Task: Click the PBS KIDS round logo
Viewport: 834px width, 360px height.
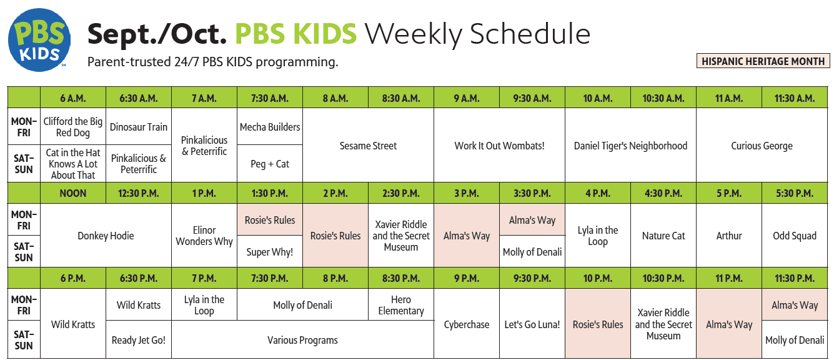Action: tap(39, 40)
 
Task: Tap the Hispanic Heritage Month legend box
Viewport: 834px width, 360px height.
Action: tap(763, 61)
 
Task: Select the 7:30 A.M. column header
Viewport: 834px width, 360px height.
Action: tap(270, 98)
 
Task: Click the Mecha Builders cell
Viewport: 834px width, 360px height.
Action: tap(270, 127)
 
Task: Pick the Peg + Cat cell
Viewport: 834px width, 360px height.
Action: tap(270, 164)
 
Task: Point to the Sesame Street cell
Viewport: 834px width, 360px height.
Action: tap(368, 146)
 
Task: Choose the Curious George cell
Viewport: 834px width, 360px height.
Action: tap(762, 146)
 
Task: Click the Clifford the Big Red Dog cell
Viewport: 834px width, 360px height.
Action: tap(73, 127)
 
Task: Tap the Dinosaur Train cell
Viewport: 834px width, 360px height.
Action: tap(139, 127)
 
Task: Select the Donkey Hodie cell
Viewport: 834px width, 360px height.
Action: tap(106, 236)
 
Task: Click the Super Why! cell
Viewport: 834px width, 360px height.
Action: tap(270, 251)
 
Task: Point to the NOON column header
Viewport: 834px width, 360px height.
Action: tap(73, 193)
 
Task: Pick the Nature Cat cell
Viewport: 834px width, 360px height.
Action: tap(663, 236)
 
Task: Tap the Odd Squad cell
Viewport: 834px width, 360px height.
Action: tap(795, 236)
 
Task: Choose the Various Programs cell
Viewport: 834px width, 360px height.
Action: tap(303, 340)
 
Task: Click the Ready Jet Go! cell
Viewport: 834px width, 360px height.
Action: tap(139, 340)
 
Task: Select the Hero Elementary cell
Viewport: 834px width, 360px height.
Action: tap(401, 305)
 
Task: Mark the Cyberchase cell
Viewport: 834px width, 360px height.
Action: tap(467, 324)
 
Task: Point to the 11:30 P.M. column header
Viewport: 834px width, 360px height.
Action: tap(795, 278)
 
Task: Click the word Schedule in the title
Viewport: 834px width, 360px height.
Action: tap(530, 34)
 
